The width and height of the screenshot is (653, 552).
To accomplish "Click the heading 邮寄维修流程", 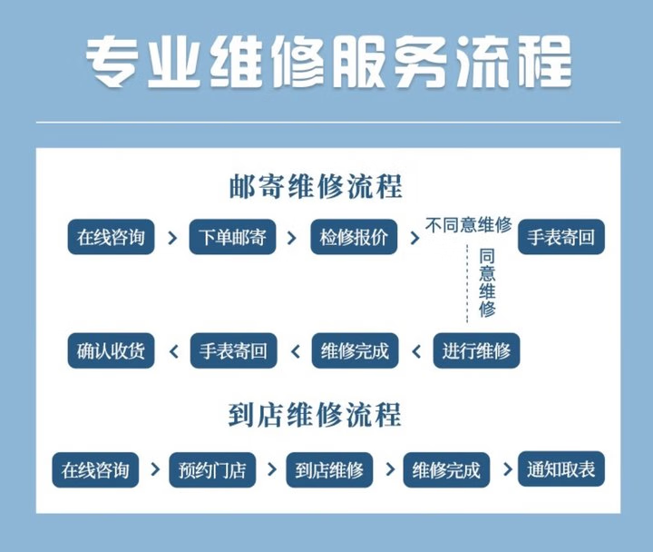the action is pos(316,188).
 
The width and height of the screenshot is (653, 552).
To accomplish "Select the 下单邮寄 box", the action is pos(232,237).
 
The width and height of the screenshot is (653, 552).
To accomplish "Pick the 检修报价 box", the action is pos(354,237).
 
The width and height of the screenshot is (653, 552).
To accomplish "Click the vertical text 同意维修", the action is pos(487,282).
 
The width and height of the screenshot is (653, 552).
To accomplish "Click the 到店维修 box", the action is pos(329,470).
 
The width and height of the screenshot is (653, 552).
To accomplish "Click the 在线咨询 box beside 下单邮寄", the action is pos(111,237).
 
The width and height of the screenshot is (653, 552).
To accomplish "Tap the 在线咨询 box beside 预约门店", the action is pos(95,470).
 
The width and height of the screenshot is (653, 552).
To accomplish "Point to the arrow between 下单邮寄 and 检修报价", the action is pos(292,238).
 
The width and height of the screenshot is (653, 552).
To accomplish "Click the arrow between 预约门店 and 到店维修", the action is pos(270,470).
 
